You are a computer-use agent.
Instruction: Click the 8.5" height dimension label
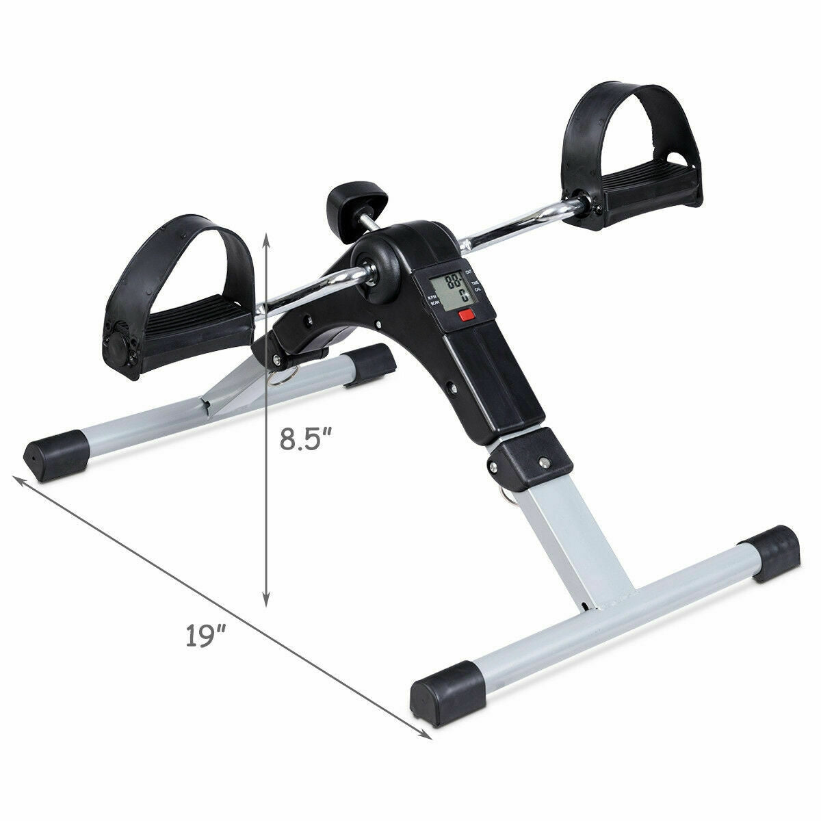[x=308, y=438]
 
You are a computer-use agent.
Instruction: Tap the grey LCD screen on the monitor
[x=452, y=290]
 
